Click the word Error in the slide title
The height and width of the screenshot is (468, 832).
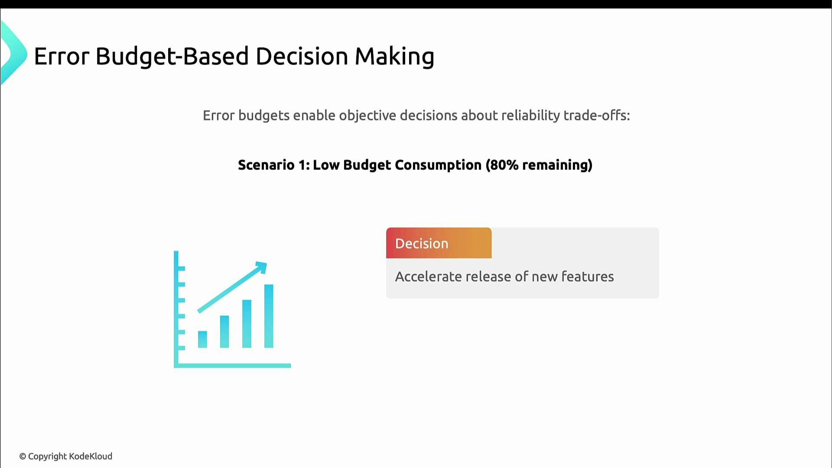pos(62,56)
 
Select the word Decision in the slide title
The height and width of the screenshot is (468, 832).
pos(302,56)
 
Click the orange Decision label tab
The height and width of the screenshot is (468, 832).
pos(439,243)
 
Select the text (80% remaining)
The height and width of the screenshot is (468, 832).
pos(539,165)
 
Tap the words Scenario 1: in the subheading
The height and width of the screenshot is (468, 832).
pos(274,165)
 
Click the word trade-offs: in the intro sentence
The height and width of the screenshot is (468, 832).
pos(596,116)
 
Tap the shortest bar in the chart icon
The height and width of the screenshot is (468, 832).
pos(202,339)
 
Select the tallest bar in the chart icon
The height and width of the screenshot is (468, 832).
pos(269,316)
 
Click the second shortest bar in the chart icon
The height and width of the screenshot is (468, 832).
pos(224,331)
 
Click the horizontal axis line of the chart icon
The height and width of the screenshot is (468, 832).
pos(234,366)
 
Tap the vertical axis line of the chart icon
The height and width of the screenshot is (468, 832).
pos(176,308)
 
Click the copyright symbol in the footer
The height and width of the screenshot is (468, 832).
pos(23,457)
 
